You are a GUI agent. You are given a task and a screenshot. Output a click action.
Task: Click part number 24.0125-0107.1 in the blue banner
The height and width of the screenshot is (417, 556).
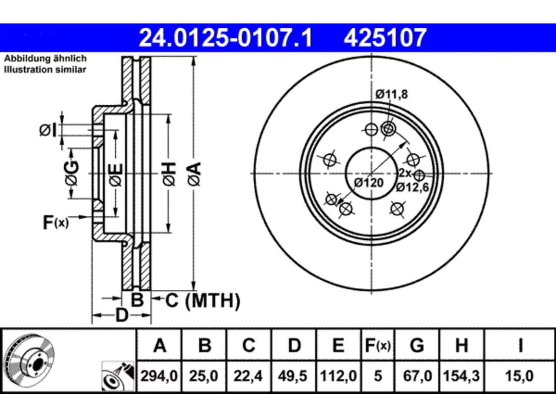pos(226,38)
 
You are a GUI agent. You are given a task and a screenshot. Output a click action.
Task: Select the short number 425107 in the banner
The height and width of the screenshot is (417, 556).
pos(385,38)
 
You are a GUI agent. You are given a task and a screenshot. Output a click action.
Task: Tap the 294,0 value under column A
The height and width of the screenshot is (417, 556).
pos(159,376)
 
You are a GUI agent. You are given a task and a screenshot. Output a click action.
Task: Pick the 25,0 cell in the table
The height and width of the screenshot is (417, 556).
pos(203,376)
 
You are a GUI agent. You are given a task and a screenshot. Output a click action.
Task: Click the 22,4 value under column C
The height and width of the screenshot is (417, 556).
pos(248,376)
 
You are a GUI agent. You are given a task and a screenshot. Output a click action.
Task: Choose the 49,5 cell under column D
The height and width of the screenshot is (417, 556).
pos(293,376)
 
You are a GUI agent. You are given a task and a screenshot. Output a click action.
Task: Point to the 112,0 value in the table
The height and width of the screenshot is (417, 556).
pos(338,376)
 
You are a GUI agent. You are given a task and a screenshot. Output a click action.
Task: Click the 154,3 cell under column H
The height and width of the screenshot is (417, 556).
pos(461,376)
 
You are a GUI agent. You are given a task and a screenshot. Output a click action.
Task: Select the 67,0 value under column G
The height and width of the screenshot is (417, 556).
pos(417,376)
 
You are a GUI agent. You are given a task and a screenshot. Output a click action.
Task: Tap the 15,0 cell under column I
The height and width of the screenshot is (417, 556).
pos(519,376)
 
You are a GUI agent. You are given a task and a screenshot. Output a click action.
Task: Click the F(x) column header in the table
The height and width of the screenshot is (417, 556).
pos(378,345)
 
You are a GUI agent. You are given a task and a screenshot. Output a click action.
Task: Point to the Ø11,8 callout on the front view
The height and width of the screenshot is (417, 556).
pos(392,94)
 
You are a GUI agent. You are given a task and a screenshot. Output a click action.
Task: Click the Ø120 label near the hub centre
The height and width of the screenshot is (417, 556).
pos(369,182)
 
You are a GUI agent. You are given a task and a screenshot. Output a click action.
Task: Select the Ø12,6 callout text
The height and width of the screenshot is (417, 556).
pos(412,187)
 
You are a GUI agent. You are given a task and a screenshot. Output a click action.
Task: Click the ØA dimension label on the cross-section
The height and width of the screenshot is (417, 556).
pos(195,174)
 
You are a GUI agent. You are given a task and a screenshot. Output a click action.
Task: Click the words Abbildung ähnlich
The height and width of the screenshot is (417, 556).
pos(45,59)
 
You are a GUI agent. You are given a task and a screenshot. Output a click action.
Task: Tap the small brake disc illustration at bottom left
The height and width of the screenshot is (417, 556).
pos(30,361)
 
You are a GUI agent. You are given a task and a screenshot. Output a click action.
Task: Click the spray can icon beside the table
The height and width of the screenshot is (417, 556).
pos(118,376)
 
